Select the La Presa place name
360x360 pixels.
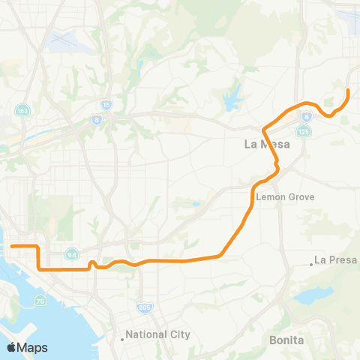(x=335, y=260)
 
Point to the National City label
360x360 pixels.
(x=157, y=334)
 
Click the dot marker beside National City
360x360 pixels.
(x=122, y=338)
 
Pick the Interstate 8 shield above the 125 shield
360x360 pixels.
(x=307, y=116)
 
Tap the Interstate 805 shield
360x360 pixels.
(x=144, y=307)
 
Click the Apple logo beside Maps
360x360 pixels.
(x=11, y=347)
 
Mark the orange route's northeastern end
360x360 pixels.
(x=348, y=91)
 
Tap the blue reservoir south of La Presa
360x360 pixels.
(x=313, y=295)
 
